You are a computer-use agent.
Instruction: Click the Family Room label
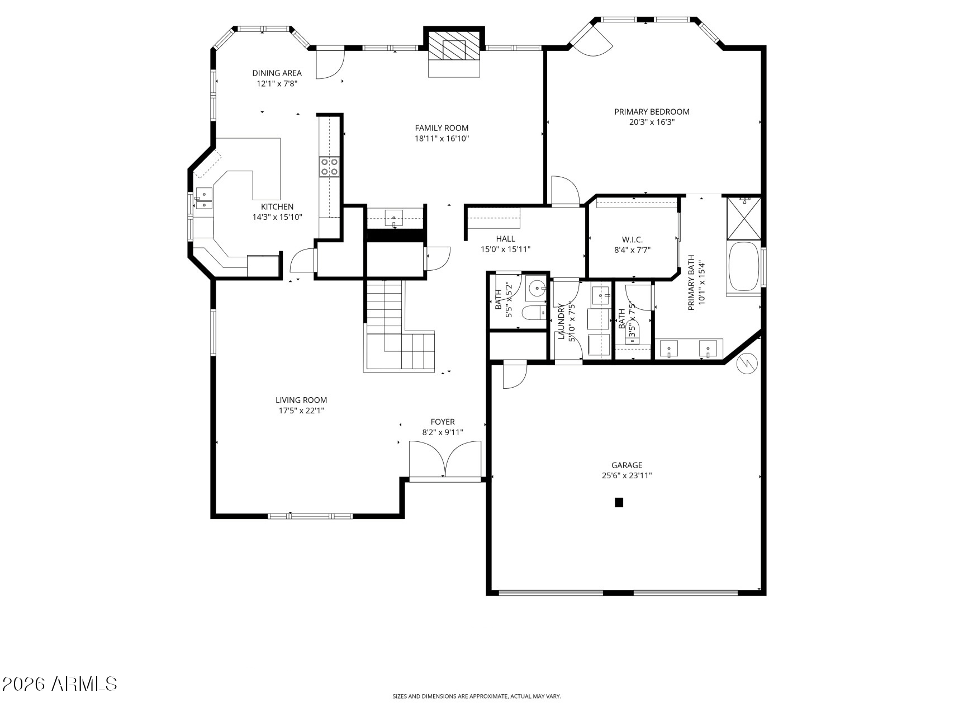click(x=442, y=128)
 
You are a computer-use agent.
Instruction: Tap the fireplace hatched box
click(x=454, y=49)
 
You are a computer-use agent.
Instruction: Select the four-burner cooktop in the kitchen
click(x=329, y=167)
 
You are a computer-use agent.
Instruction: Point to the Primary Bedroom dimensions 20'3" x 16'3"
click(x=652, y=122)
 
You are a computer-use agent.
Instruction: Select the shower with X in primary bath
click(x=743, y=217)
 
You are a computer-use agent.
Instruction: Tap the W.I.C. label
click(x=632, y=239)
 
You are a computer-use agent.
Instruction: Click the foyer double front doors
click(x=445, y=459)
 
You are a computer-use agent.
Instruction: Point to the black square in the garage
click(x=619, y=502)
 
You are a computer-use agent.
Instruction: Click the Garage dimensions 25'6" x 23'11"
click(x=626, y=476)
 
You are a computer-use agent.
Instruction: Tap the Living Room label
click(x=301, y=400)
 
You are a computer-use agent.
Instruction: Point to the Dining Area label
click(x=277, y=73)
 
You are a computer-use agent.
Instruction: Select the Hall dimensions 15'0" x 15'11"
click(x=505, y=249)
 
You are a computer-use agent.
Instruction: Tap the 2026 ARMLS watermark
click(x=59, y=684)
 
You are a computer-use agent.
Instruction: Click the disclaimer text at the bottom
click(x=476, y=696)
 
